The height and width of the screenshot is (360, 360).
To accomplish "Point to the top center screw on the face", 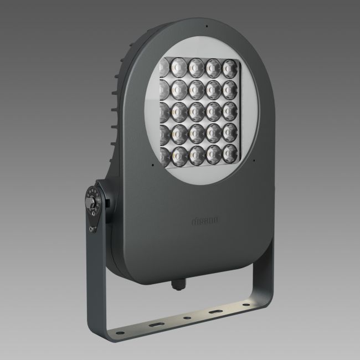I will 205,26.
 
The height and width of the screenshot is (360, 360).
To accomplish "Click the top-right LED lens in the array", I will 229,66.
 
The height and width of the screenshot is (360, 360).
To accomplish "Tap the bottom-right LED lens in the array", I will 230,151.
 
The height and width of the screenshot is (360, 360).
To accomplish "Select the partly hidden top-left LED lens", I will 162,67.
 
